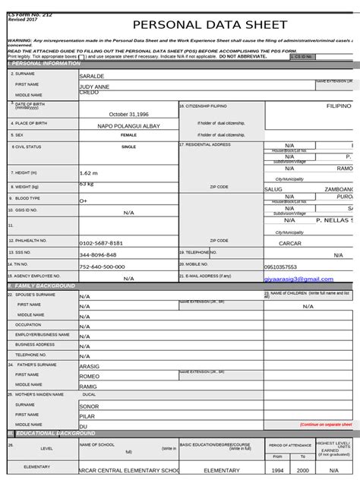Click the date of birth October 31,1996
128,114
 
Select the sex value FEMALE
128,135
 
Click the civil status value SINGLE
128,147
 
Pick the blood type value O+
84,201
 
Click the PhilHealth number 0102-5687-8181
101,243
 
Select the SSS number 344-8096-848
98,255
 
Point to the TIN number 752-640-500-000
103,267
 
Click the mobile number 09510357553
280,267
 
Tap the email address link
298,279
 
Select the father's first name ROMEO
90,376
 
